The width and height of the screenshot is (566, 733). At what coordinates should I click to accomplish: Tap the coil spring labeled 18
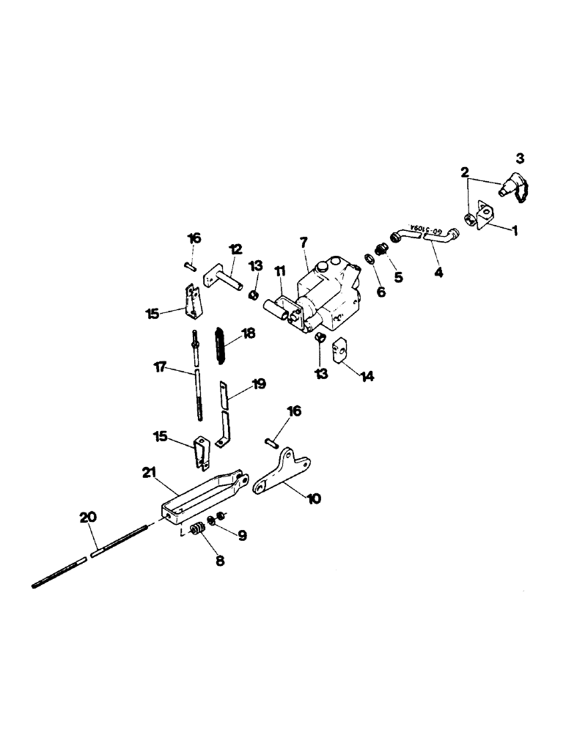(218, 344)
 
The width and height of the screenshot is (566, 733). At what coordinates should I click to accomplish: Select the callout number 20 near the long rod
(87, 517)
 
